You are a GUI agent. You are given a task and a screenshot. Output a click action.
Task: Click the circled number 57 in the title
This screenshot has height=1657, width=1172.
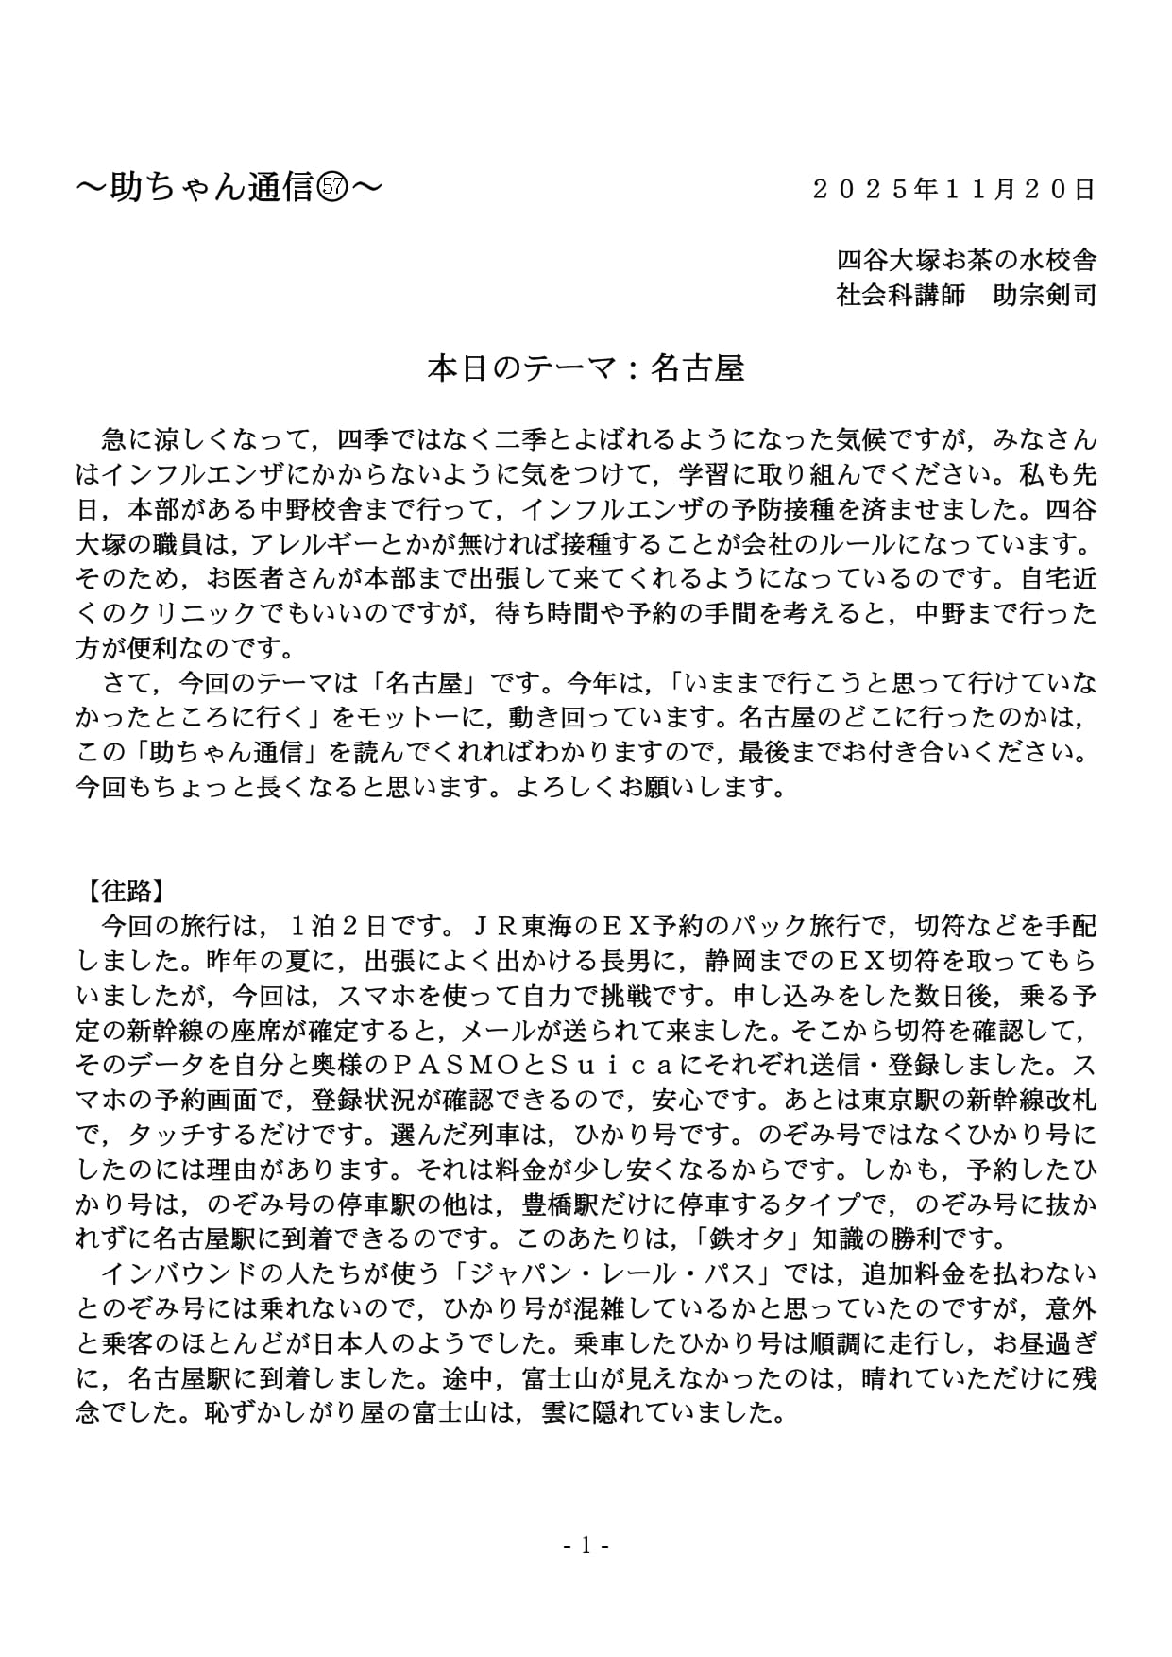[332, 190]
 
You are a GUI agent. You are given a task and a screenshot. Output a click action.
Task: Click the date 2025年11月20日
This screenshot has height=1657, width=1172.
[954, 190]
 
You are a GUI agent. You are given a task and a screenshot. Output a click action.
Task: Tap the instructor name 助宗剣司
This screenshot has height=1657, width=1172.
[1045, 296]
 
